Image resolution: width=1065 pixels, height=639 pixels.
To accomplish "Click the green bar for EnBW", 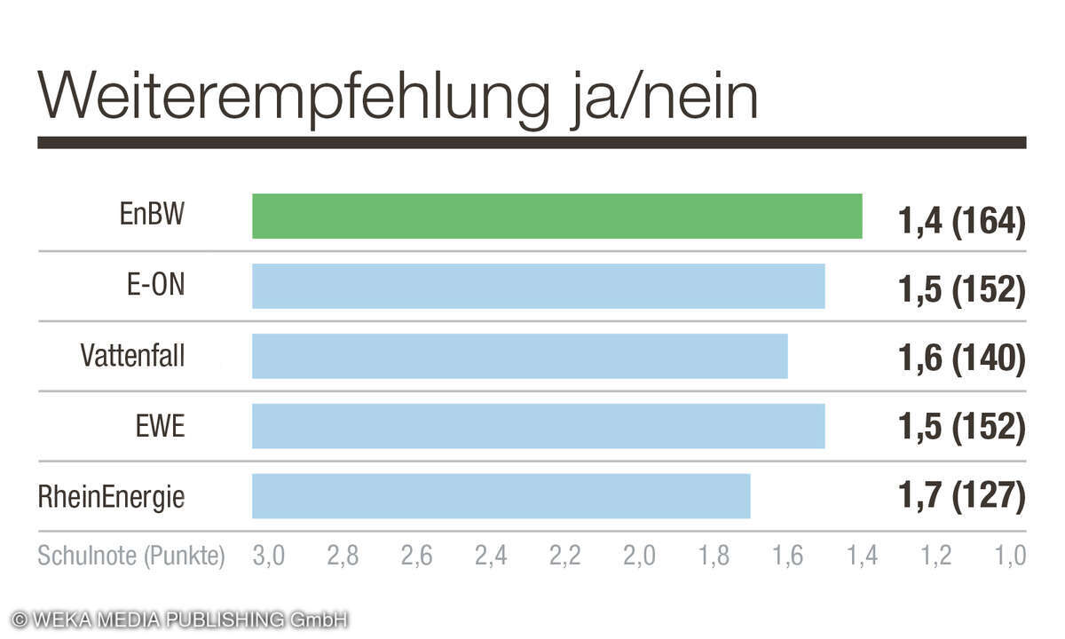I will point(556,216).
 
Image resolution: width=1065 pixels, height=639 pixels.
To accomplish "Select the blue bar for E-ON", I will point(538,286).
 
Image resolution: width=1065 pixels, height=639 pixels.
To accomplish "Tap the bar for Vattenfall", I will point(519,356).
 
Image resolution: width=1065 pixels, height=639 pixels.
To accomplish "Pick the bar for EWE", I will point(538,426).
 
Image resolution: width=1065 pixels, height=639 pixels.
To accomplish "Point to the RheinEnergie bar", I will point(501,496).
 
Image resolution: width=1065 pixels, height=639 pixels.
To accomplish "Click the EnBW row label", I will point(153,216).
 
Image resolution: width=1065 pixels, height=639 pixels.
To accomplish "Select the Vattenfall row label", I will point(133,356).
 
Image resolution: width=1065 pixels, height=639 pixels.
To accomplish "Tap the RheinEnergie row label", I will point(112,497).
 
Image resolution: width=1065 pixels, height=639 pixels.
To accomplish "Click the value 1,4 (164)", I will point(962,221).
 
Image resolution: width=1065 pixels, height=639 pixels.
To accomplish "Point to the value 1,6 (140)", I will point(962,359).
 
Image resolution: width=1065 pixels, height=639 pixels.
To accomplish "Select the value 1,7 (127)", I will point(962,497).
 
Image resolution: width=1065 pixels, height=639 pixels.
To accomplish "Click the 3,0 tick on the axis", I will point(269,556).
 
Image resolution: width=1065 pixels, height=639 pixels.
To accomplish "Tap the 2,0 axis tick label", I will point(639,556).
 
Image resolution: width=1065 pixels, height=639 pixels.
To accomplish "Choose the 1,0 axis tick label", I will point(1010,556).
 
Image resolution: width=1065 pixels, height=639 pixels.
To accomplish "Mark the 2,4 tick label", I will point(491,556).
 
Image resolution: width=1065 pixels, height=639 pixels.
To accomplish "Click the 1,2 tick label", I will point(935,556).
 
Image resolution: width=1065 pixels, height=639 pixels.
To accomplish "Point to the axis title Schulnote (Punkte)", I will point(131,556).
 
